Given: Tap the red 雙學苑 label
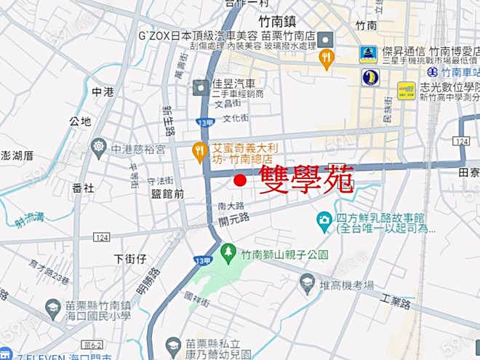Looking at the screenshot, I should [305, 178].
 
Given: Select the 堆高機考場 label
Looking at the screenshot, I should [347, 284].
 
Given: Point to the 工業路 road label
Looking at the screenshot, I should [396, 300].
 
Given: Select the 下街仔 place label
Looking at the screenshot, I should [131, 258].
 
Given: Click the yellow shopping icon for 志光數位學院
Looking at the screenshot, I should [407, 89].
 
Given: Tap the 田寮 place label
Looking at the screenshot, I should [468, 172].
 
